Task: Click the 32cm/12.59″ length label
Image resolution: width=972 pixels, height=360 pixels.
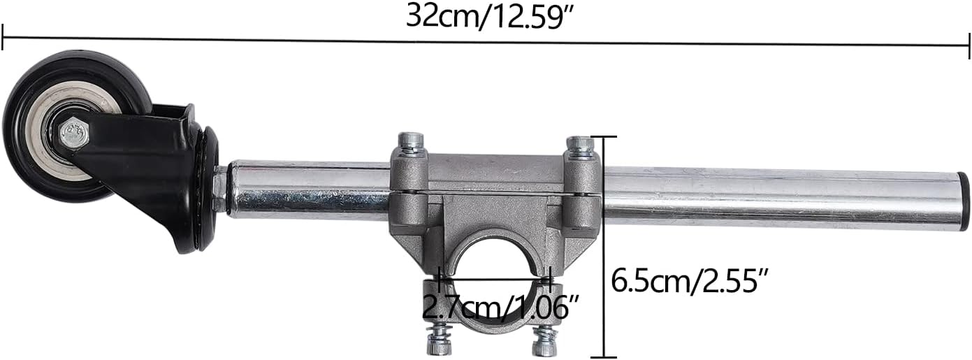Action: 491,17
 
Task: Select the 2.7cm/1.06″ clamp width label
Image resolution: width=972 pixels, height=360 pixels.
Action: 501,307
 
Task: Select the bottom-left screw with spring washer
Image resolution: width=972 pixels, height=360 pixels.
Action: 438,342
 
